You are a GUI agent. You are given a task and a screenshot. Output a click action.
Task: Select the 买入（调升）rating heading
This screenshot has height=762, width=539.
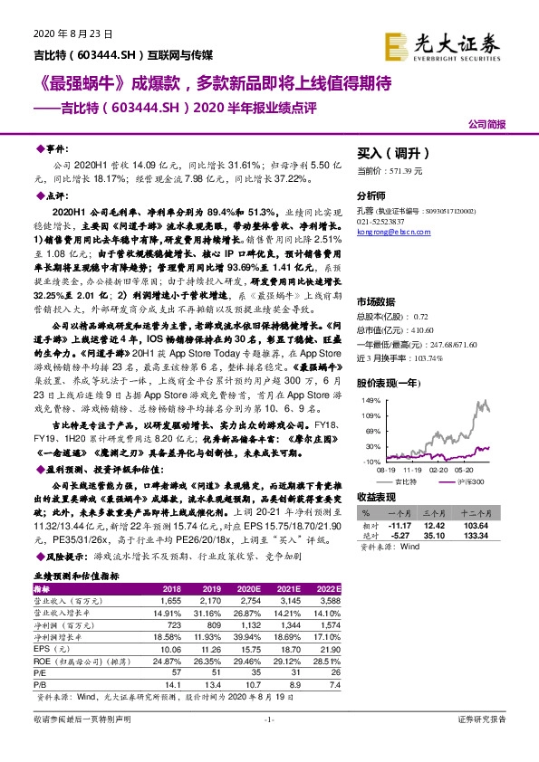[x=390, y=154]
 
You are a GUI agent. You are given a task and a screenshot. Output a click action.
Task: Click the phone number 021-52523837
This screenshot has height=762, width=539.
[x=383, y=223]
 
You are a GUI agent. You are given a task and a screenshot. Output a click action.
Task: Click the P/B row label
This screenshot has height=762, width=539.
[x=41, y=685]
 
